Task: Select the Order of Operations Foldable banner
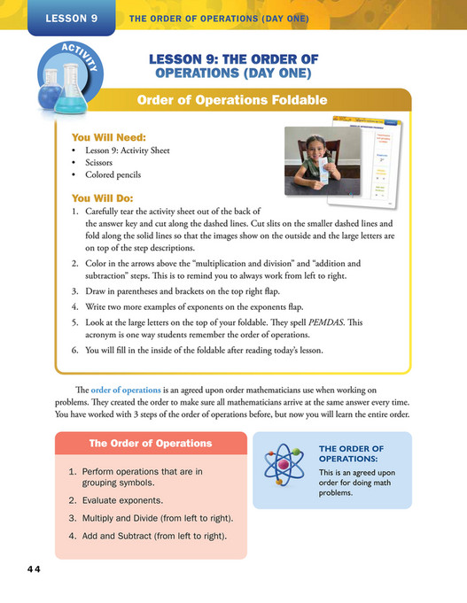pos(232,100)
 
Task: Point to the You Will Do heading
pos(103,198)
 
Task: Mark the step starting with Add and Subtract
pos(154,536)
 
